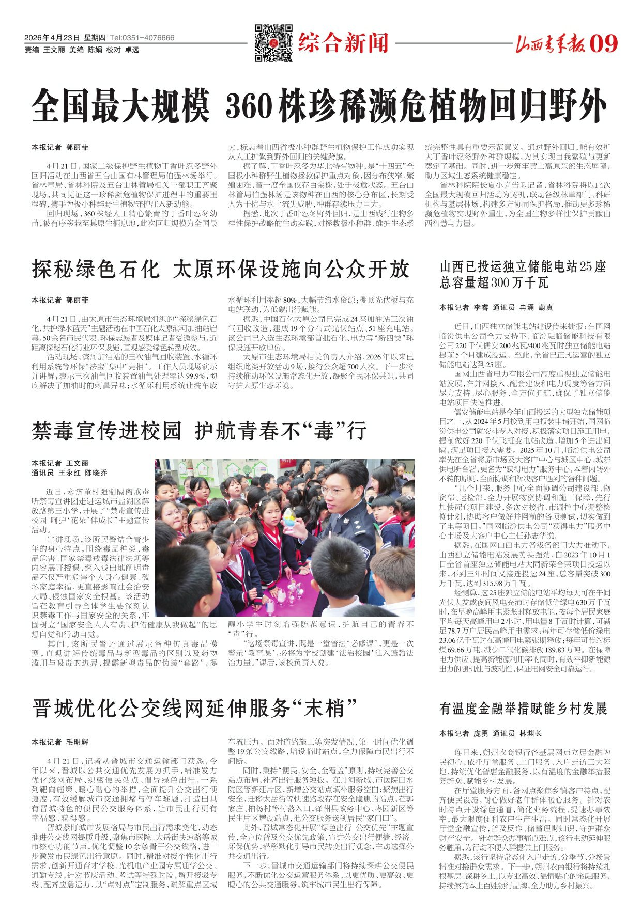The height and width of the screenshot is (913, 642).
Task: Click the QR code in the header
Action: (x=273, y=43)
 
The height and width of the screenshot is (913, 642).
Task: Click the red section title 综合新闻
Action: (x=343, y=43)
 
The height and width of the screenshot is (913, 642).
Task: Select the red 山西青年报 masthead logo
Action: (x=551, y=45)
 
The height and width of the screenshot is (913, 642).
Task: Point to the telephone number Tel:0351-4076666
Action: (x=142, y=38)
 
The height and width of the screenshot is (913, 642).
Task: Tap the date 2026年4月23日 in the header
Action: (x=52, y=38)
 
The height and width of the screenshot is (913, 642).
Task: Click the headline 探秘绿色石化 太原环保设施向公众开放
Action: (x=221, y=269)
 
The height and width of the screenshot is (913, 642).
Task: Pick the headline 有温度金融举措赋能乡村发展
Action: (x=523, y=709)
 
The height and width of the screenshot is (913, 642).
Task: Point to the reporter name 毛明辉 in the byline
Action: (x=78, y=742)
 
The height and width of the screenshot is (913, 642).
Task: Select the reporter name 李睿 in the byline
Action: (x=481, y=307)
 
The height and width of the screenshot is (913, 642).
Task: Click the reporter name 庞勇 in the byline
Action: (x=481, y=733)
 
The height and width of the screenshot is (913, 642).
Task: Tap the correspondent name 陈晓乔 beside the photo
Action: (x=96, y=473)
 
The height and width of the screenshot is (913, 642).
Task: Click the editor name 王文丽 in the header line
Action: (x=54, y=50)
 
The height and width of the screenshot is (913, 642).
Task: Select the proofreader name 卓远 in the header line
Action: (x=132, y=50)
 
